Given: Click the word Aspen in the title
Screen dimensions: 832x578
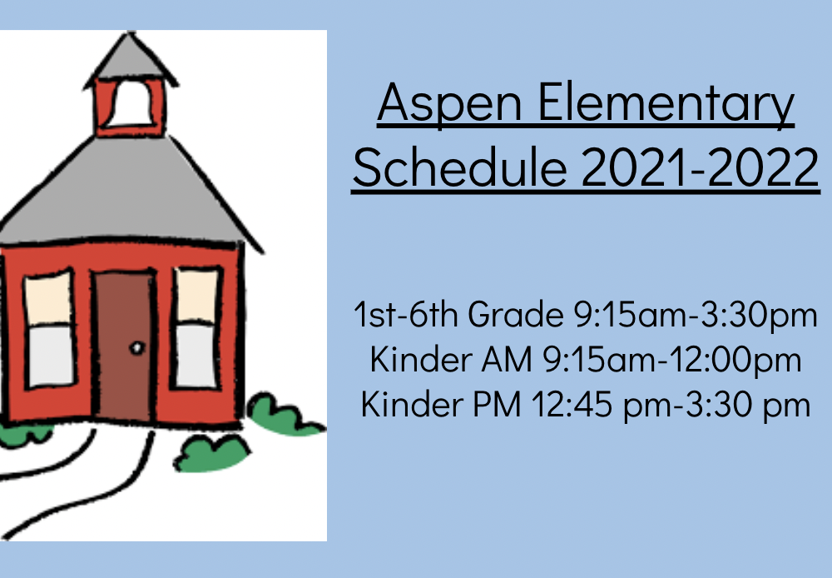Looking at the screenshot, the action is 449,104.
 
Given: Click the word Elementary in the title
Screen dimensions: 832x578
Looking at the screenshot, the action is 666,104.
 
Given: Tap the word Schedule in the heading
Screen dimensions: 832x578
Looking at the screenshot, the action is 459,167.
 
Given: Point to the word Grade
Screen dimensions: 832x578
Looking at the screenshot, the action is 515,314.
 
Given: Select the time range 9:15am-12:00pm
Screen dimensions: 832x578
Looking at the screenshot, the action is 671,360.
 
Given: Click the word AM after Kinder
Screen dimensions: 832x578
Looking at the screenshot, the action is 506,359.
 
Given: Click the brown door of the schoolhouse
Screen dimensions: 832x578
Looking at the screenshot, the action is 124,346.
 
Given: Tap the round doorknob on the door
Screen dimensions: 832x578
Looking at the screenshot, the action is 137,348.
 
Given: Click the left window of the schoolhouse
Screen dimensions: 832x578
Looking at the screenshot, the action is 49,329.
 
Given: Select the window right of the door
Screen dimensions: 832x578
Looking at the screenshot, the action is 197,329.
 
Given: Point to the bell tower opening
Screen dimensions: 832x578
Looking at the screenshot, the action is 131,103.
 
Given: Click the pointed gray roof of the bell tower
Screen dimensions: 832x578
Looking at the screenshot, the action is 131,59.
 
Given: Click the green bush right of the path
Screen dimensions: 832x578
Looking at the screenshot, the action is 211,453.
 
